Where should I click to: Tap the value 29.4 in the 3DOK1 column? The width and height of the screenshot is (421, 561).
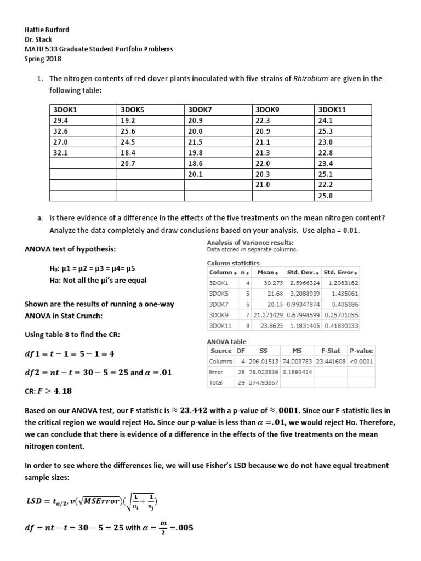pyautogui.click(x=58, y=119)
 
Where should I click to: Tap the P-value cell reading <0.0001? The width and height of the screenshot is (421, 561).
pyautogui.click(x=361, y=362)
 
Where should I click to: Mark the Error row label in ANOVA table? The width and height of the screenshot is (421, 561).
pyautogui.click(x=217, y=372)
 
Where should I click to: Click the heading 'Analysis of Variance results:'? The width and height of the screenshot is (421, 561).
pyautogui.click(x=250, y=242)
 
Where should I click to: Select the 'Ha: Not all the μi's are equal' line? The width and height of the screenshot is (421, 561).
pyautogui.click(x=98, y=280)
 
